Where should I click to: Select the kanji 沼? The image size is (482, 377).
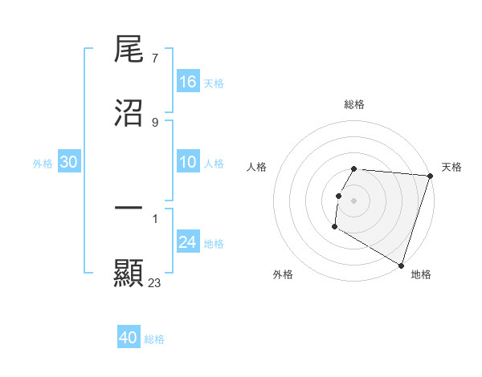click(x=129, y=114)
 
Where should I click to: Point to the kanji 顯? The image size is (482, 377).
click(x=129, y=273)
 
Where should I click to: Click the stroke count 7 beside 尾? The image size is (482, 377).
click(x=154, y=59)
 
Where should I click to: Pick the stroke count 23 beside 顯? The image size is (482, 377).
click(x=155, y=282)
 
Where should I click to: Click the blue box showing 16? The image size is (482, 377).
click(x=188, y=82)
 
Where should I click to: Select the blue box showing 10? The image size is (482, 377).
click(x=188, y=163)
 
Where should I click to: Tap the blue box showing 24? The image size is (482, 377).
click(x=188, y=242)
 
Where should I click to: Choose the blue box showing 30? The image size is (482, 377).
click(x=69, y=163)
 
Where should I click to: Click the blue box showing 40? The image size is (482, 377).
click(x=128, y=338)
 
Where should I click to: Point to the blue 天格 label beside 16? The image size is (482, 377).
click(x=213, y=83)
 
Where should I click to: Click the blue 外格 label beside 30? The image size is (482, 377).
click(x=43, y=164)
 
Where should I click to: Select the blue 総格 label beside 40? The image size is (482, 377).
click(x=154, y=339)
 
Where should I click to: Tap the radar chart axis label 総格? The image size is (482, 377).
click(x=354, y=104)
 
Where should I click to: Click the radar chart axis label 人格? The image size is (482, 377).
click(x=257, y=167)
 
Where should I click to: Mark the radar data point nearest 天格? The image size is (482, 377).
click(x=430, y=176)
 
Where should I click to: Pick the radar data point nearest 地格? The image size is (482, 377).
click(x=401, y=265)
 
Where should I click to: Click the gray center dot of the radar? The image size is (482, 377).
click(x=354, y=200)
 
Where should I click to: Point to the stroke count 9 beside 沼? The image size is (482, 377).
click(x=154, y=122)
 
